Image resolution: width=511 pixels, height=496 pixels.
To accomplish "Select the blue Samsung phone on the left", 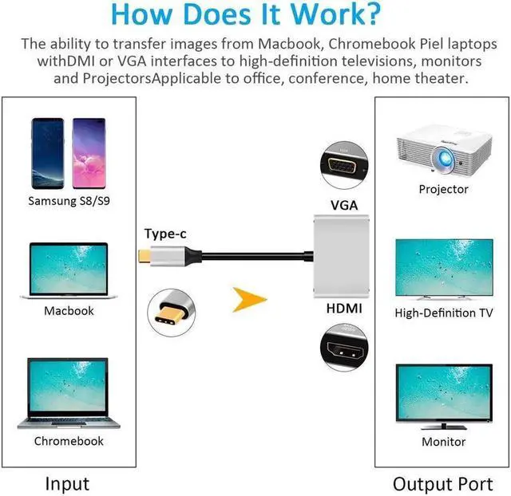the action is (47, 153).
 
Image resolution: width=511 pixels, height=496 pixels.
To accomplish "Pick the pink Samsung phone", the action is (88, 153).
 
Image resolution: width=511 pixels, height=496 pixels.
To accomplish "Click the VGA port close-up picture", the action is (342, 166).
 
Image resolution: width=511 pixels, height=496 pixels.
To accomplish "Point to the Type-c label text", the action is (166, 234).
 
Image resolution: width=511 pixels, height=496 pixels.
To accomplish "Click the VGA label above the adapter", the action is (344, 206).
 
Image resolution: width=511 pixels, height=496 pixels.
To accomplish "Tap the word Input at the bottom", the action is (67, 483).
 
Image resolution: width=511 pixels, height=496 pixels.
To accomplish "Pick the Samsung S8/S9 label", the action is (68, 201).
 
